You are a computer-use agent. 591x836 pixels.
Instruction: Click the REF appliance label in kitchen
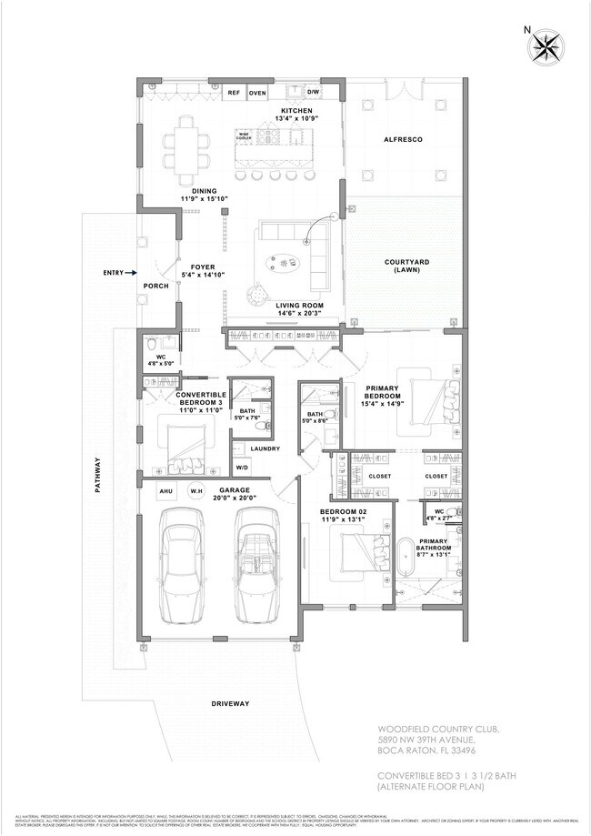[234, 93]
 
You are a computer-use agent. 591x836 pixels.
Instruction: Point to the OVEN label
[257, 93]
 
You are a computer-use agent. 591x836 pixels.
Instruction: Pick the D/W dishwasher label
[313, 93]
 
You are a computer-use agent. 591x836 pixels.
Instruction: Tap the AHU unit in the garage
[166, 492]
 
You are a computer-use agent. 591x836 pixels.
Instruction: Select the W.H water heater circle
[195, 492]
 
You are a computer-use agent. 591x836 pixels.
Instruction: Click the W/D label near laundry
[244, 468]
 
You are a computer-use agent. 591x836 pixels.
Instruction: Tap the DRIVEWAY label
[229, 704]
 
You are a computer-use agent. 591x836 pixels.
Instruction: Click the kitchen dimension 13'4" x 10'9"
[295, 119]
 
